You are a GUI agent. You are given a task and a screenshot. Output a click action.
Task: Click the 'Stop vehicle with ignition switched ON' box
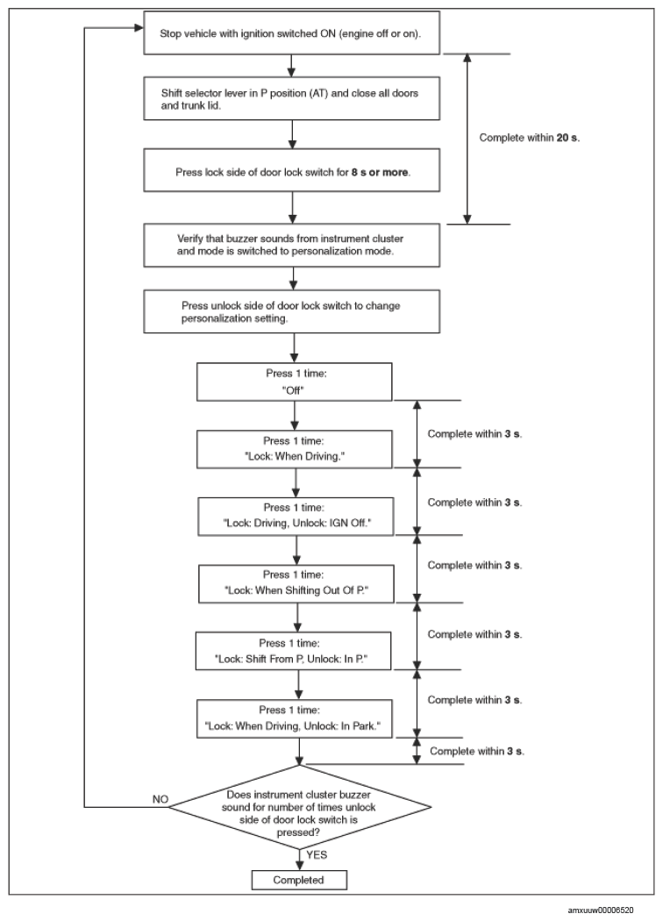[x=291, y=33]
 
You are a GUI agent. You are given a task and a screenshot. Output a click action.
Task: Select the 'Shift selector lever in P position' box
[x=291, y=98]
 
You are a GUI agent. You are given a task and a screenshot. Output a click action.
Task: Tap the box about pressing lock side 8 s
[x=291, y=170]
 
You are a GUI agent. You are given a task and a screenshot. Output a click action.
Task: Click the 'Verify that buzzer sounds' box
[x=291, y=245]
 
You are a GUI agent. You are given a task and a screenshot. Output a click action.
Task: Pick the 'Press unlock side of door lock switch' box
[x=291, y=311]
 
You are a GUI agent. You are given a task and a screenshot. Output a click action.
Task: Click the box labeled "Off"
[x=294, y=382]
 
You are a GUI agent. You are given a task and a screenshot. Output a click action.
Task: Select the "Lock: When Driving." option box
[x=294, y=449]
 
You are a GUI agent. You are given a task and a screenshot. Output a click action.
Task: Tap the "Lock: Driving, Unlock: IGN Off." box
[x=296, y=517]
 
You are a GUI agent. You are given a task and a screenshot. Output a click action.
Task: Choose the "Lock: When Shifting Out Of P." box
[x=296, y=584]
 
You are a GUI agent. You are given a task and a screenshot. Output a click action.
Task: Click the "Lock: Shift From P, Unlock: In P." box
[x=293, y=651]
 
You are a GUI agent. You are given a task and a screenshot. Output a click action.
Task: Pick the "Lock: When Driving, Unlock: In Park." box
[x=294, y=718]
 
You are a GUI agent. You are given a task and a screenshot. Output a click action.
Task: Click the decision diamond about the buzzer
[x=300, y=806]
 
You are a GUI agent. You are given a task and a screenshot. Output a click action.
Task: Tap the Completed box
[x=299, y=880]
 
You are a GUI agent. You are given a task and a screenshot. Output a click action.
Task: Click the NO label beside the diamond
[x=160, y=799]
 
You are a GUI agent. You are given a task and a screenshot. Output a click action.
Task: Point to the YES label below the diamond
[x=317, y=854]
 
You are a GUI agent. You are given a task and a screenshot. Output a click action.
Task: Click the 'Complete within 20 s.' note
[x=529, y=138]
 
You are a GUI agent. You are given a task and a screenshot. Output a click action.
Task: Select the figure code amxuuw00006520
[x=601, y=910]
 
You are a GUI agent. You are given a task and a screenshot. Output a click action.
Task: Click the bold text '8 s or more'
[x=380, y=172]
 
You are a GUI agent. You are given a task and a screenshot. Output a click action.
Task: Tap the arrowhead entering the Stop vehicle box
[x=139, y=27]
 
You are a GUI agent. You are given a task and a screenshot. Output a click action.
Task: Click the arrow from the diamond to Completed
[x=300, y=860]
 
